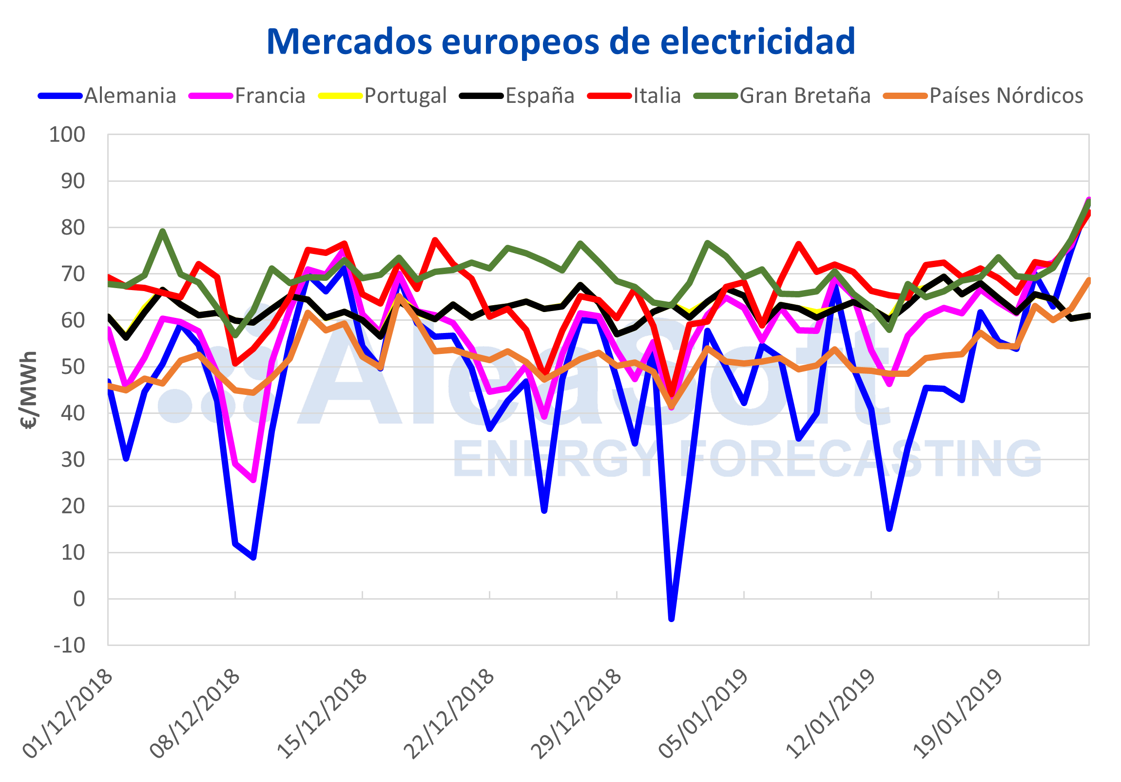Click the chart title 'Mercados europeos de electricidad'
click(x=560, y=42)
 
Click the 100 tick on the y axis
click(x=67, y=135)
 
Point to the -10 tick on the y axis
click(x=69, y=645)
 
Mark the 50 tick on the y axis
click(x=73, y=367)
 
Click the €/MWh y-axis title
click(x=29, y=390)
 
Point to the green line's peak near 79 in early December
click(x=163, y=231)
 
